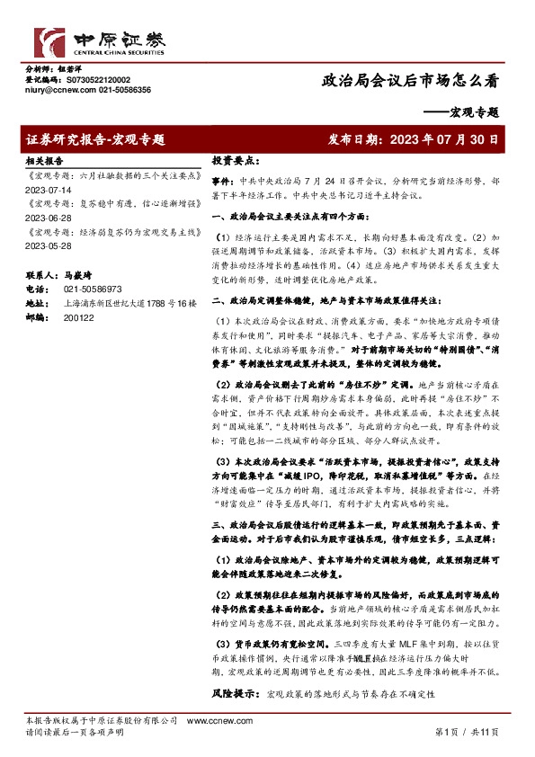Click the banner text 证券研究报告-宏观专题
(96, 140)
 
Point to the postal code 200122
(78, 317)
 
